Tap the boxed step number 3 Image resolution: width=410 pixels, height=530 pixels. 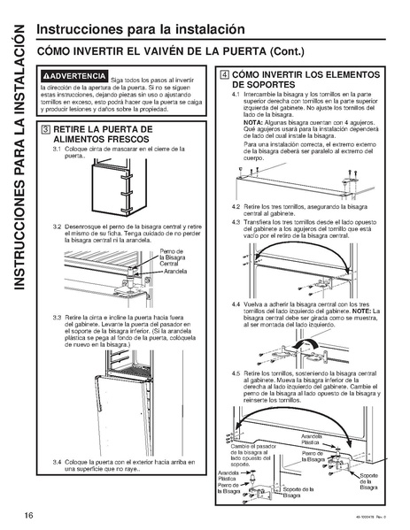coord(45,130)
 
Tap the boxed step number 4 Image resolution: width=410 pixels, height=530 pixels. coord(225,75)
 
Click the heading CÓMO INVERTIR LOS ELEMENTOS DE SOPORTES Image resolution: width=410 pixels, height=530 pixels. coord(305,80)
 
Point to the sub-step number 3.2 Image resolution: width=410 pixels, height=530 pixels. coord(57,227)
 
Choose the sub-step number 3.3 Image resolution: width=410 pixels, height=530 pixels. coord(57,316)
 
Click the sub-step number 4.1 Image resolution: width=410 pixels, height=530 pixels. coord(236,93)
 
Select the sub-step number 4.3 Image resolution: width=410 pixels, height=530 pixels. coord(236,219)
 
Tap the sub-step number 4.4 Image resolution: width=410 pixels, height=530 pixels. coord(236,303)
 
